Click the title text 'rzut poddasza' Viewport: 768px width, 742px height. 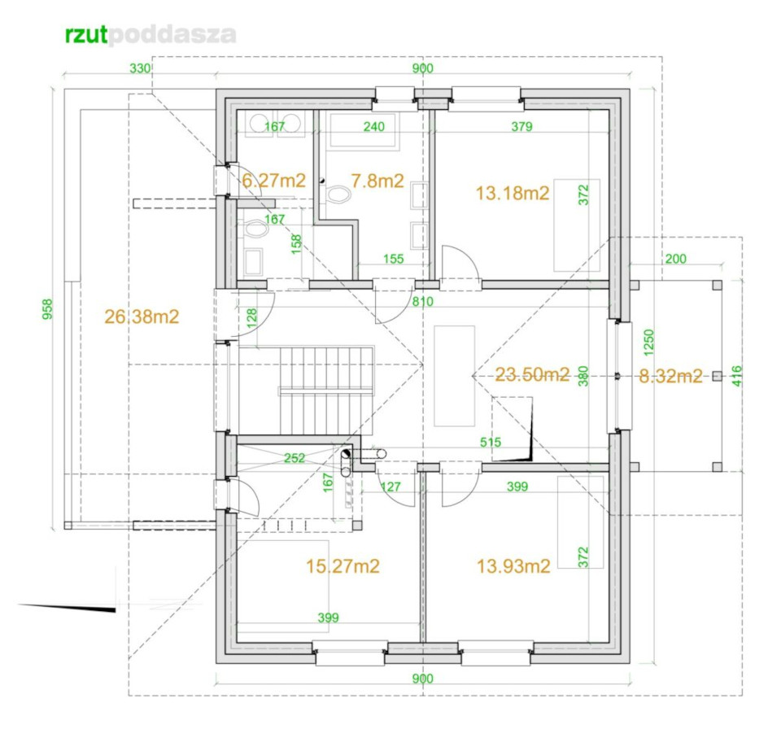point(151,35)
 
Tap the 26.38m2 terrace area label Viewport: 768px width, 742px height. point(142,316)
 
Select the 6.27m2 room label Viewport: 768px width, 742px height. point(274,181)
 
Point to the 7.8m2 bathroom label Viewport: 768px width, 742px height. point(377,181)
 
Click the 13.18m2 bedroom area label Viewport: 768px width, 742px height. point(513,193)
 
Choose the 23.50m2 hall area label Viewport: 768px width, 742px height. point(532,375)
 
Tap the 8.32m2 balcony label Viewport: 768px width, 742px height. point(670,376)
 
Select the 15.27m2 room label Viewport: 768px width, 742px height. point(343,566)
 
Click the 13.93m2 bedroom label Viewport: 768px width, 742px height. point(513,566)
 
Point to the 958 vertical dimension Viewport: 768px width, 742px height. point(47,309)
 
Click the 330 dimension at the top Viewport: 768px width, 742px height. point(140,68)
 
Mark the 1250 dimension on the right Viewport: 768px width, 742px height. point(648,343)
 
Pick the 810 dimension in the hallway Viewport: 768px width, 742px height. point(422,301)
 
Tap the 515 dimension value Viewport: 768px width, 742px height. point(491,443)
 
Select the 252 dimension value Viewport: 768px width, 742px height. point(295,458)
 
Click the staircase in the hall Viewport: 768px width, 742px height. point(326,391)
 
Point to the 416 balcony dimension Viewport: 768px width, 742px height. point(737,376)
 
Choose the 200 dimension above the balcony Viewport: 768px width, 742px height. point(675,259)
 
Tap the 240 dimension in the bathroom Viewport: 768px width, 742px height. point(373,126)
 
